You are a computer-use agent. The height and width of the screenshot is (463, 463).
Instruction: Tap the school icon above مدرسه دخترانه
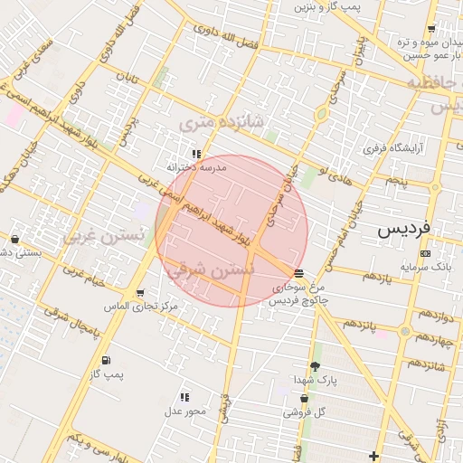(x=197, y=154)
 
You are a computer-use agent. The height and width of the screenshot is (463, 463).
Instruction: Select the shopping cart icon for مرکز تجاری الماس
(x=140, y=293)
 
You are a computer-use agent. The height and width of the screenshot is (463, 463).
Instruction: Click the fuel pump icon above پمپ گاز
(x=107, y=360)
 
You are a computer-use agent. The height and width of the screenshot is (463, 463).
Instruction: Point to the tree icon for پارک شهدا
(x=315, y=366)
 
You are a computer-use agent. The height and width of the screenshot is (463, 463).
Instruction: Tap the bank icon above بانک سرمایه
(x=426, y=253)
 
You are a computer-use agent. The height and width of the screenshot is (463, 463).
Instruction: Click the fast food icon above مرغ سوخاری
(x=299, y=273)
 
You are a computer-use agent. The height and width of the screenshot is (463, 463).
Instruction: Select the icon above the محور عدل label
(x=185, y=397)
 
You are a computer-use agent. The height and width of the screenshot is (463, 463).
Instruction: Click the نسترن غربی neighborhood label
(x=104, y=237)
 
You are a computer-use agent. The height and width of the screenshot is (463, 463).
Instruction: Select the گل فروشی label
(x=305, y=412)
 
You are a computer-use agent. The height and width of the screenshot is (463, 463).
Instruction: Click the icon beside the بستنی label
(x=14, y=240)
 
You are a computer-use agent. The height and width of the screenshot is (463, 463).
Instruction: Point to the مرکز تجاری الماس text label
(x=142, y=307)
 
